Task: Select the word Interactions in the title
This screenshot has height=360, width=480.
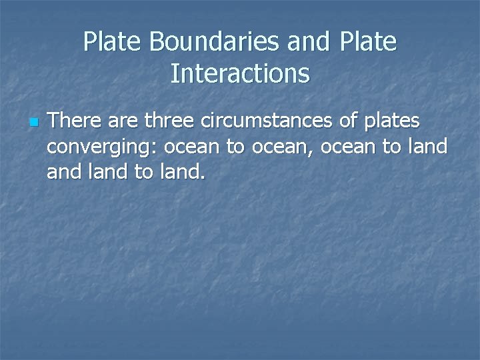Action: (x=240, y=73)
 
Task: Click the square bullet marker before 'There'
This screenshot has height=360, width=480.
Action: (x=33, y=123)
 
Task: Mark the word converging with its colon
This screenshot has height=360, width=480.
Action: (x=102, y=147)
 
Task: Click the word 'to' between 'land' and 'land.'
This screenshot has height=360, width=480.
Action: (x=144, y=173)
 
